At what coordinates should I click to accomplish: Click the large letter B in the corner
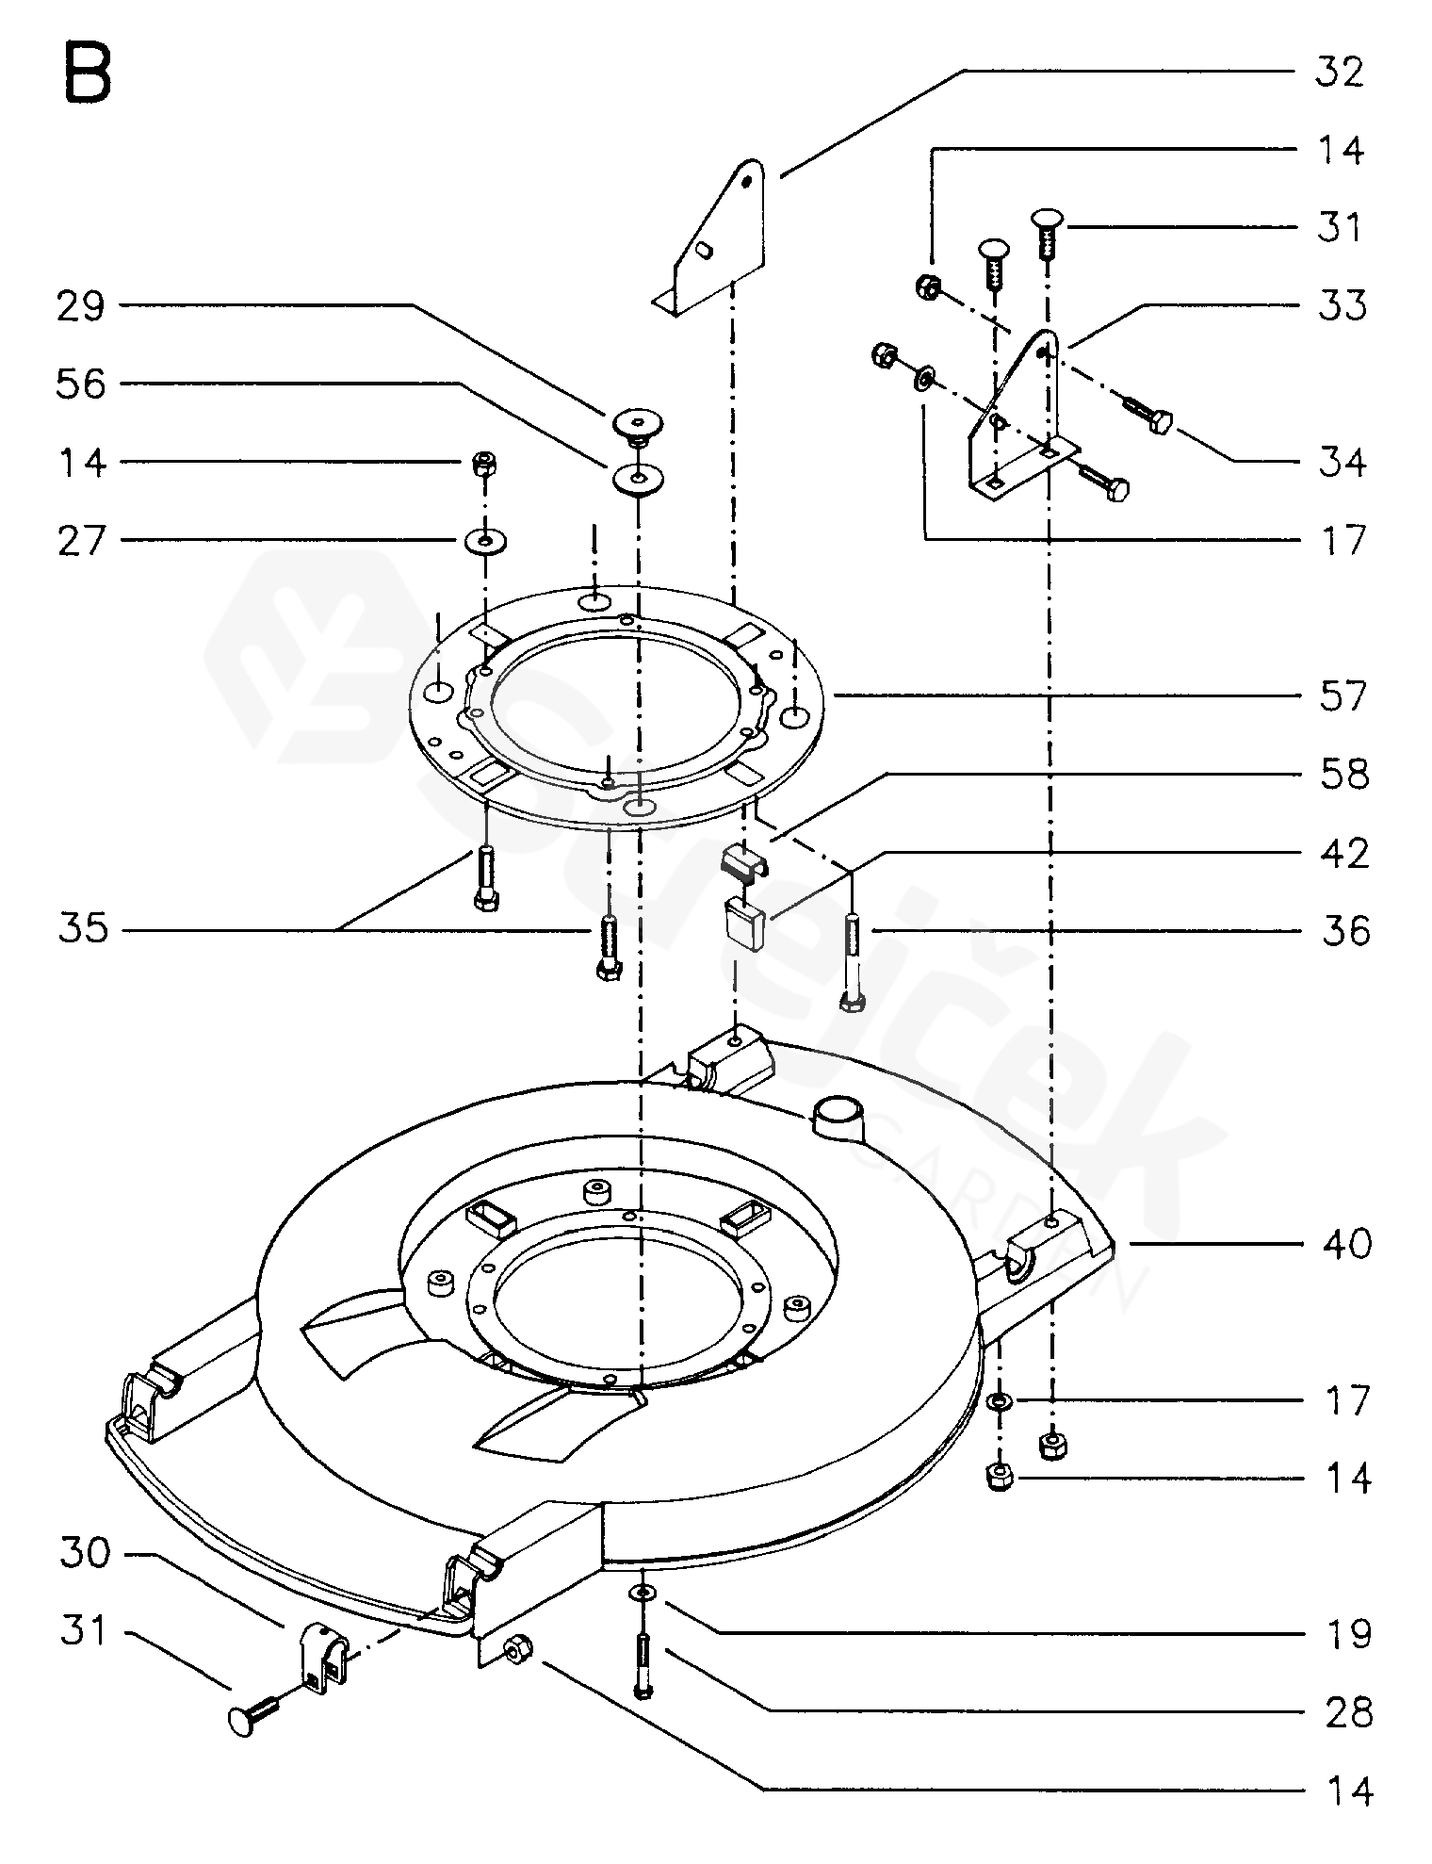88,74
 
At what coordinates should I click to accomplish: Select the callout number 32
1339,73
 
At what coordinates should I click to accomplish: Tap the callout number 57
1342,697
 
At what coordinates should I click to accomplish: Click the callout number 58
1342,776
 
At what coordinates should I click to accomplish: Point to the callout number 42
1342,854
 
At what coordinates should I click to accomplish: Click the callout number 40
1346,1244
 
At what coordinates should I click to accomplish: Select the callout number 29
81,306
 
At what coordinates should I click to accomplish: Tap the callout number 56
81,384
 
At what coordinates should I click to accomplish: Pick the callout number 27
81,541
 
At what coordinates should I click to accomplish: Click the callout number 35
83,931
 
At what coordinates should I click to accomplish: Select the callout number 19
1348,1635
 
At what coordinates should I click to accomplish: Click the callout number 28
1348,1713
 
